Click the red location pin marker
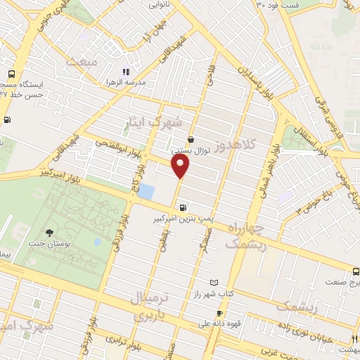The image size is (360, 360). pos(181,167)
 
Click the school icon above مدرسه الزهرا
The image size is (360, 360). pos(126,72)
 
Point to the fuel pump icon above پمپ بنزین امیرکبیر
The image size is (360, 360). pos(183,207)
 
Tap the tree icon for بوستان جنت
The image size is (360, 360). pos(49,233)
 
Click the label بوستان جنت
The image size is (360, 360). pos(49,244)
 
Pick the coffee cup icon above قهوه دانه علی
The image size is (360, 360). pos(219,314)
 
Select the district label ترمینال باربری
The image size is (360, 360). pos(150,307)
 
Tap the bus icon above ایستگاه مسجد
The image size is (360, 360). pos(12,74)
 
